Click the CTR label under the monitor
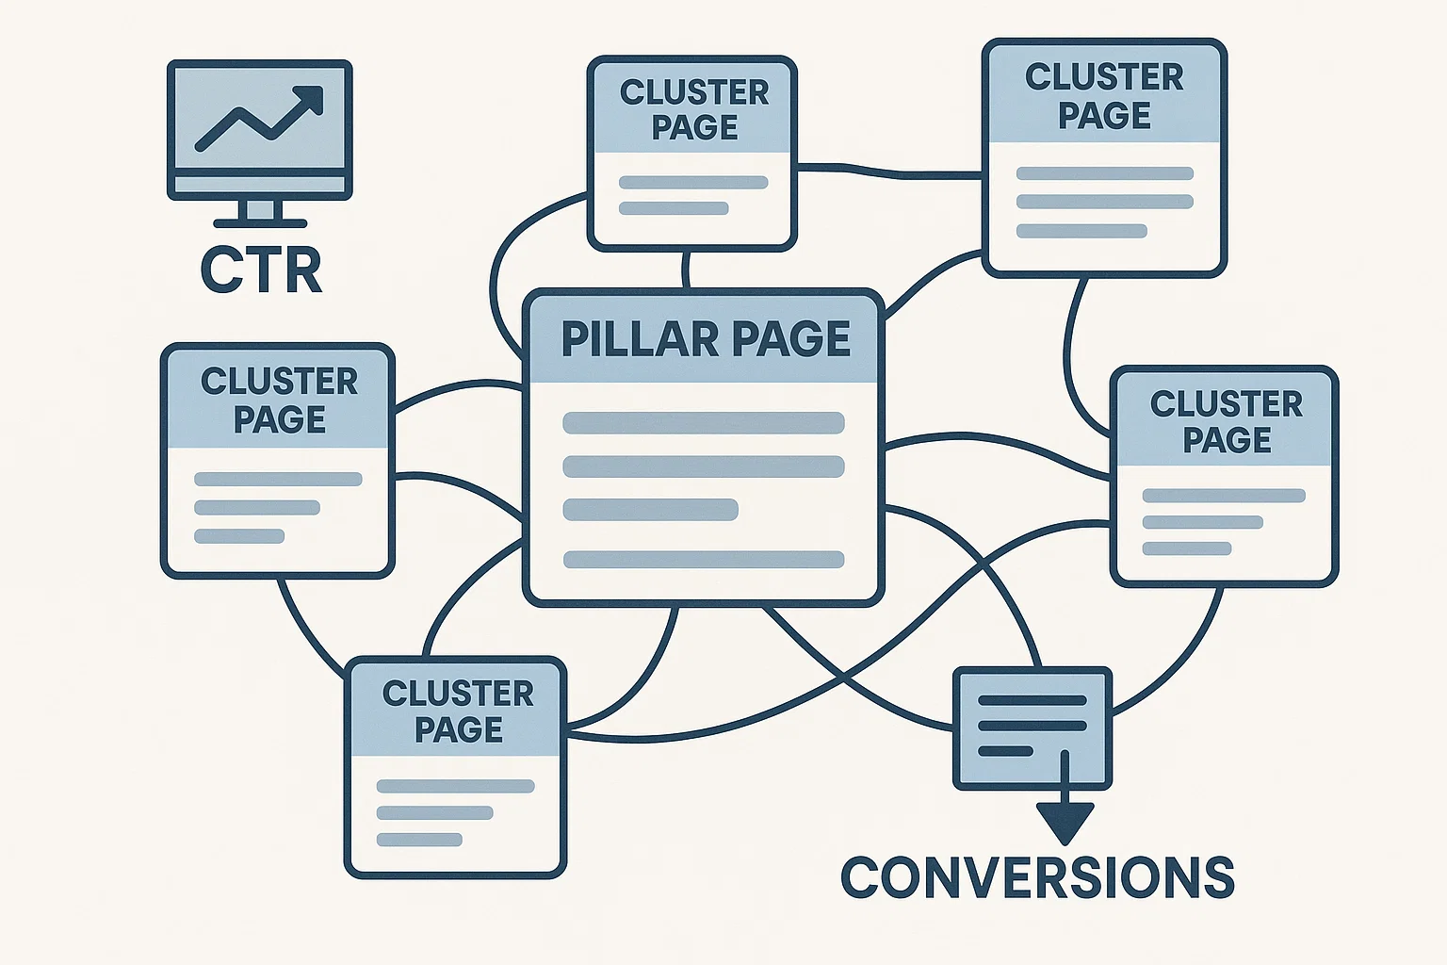coord(261,270)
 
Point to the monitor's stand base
coord(260,223)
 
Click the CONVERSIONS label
coord(1036,877)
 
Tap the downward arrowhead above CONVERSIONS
coord(1065,822)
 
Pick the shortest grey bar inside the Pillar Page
coord(650,510)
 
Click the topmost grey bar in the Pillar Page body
coord(703,422)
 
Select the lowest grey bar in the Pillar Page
coord(703,560)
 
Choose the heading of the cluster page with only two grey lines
coord(694,109)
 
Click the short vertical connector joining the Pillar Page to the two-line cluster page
coord(686,270)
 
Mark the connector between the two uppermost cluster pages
coord(889,172)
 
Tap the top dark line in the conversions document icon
coord(1032,701)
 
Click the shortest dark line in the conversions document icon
coord(1005,751)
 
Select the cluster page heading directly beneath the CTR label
coord(279,400)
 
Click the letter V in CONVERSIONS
coord(999,877)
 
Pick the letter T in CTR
coord(261,270)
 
